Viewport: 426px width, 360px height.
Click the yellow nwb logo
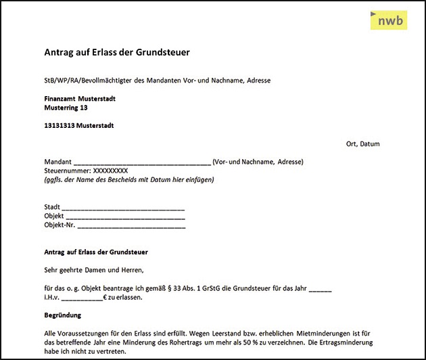[x=389, y=21]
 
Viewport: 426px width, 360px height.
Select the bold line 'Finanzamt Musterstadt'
[x=80, y=99]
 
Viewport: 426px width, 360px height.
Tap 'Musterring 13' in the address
[x=66, y=108]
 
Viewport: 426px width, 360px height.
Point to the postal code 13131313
[x=60, y=126]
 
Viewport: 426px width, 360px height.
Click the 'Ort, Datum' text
[x=362, y=144]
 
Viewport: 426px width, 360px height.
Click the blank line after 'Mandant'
[x=142, y=162]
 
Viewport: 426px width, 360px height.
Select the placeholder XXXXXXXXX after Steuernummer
[x=110, y=171]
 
